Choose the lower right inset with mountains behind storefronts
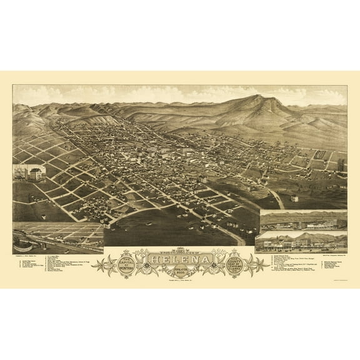click(x=302, y=241)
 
